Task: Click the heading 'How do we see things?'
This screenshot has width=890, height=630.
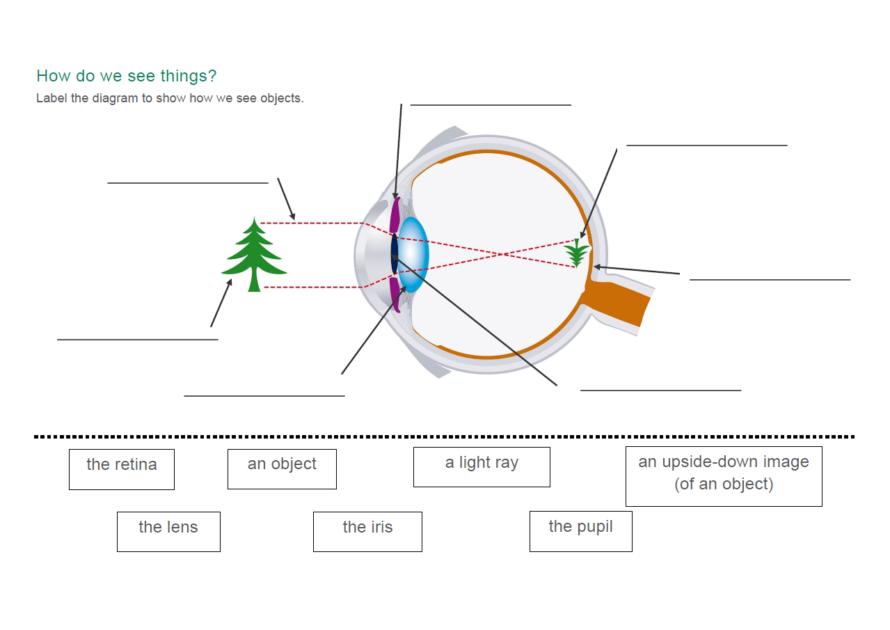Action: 127,75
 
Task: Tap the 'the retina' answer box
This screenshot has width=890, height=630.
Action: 122,469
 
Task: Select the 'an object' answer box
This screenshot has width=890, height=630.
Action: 282,469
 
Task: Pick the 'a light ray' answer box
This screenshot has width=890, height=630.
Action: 482,467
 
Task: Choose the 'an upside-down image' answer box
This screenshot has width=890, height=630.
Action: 724,476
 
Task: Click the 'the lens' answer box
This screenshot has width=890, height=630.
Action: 168,532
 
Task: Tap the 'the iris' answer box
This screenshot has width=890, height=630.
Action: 367,532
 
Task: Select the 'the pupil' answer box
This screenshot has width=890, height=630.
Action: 581,531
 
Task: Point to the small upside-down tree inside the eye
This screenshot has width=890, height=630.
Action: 576,253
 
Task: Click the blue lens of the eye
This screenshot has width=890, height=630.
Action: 414,254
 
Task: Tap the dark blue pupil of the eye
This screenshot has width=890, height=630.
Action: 394,253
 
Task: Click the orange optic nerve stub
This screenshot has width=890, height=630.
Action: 616,302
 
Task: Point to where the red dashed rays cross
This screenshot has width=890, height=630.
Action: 503,254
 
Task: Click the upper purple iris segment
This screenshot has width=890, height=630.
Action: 395,215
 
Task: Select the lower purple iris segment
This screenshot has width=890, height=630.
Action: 395,295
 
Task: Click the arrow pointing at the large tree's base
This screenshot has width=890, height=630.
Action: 221,303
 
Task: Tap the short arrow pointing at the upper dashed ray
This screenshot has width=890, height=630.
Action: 287,199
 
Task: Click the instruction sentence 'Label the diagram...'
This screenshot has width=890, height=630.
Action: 170,98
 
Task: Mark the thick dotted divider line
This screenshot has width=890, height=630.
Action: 444,437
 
